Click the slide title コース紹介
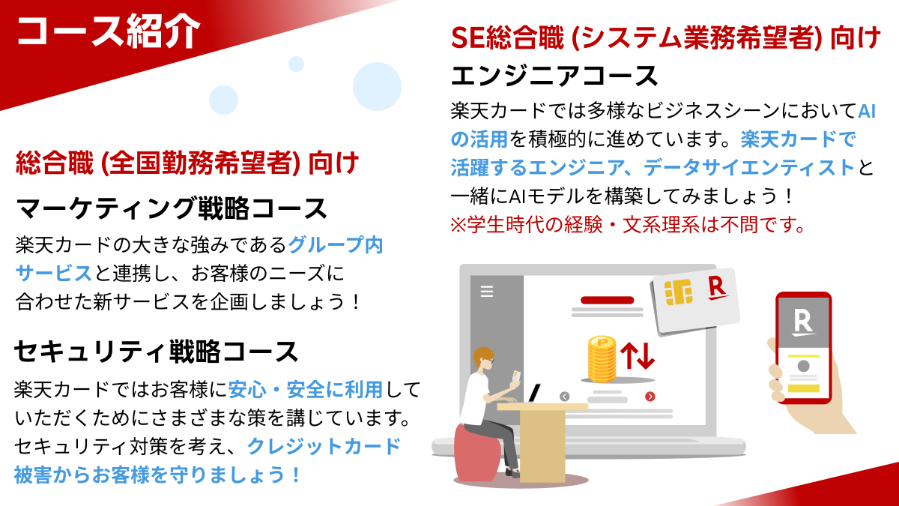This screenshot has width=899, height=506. [108, 31]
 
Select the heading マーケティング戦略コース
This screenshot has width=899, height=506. [172, 208]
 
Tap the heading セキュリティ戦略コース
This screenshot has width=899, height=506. [157, 352]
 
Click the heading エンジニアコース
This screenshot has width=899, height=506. [554, 76]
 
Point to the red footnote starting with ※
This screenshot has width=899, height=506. [627, 225]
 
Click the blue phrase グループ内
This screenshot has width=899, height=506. [336, 245]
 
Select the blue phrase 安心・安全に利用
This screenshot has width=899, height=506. [306, 390]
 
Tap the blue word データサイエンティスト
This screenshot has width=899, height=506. [749, 167]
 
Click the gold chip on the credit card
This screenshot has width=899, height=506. [678, 292]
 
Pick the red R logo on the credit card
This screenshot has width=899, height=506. [718, 289]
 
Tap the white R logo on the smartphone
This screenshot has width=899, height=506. [803, 323]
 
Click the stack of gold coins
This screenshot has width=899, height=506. [602, 358]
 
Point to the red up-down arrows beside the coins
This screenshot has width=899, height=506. [638, 355]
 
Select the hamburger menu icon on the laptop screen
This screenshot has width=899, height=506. [487, 291]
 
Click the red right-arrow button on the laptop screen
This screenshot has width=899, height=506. [650, 397]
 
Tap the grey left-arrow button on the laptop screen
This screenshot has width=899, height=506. [564, 397]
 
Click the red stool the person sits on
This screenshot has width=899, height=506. [478, 453]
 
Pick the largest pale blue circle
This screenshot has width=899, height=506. [377, 86]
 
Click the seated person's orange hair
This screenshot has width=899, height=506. [482, 355]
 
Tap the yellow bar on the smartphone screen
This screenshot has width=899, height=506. [803, 388]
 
